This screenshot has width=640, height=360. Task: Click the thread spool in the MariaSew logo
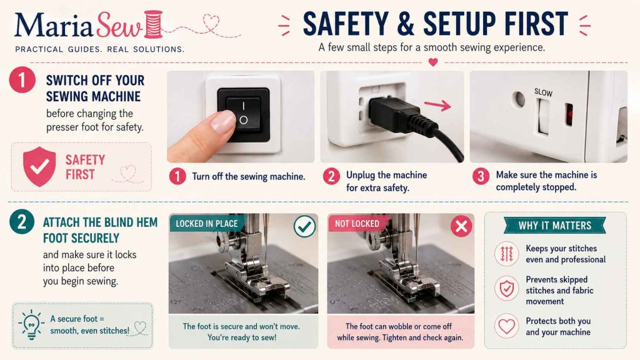(x=154, y=24)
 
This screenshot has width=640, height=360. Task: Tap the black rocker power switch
(x=244, y=115)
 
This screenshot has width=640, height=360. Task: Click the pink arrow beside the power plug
(x=437, y=105)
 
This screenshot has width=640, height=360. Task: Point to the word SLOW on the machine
(x=543, y=92)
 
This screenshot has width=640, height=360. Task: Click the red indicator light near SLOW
(x=569, y=114)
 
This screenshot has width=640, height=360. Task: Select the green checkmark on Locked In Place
(x=304, y=226)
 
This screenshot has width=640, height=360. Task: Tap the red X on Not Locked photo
(x=461, y=226)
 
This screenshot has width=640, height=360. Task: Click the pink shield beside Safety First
(x=39, y=166)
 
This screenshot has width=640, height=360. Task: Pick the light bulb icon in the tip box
(x=31, y=325)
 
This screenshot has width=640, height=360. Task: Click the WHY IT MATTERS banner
(x=555, y=225)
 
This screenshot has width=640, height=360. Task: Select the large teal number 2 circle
(x=22, y=222)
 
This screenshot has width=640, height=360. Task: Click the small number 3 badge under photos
(x=481, y=176)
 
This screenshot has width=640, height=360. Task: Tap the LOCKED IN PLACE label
(x=206, y=224)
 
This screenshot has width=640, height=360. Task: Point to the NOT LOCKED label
(x=357, y=224)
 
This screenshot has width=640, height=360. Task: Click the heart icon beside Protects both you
(x=506, y=326)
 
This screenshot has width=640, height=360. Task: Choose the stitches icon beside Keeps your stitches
(x=506, y=254)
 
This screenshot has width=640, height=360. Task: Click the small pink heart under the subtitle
(x=433, y=62)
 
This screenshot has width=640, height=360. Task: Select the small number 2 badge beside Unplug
(x=331, y=176)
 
